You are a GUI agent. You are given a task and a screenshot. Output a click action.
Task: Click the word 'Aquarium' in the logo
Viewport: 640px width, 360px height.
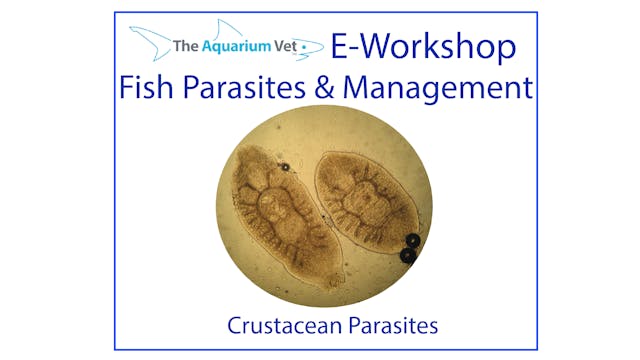[236, 45]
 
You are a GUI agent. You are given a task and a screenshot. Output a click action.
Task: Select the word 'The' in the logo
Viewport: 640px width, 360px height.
[187, 45]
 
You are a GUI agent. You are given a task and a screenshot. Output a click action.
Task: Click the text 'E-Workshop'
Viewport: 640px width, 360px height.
[426, 46]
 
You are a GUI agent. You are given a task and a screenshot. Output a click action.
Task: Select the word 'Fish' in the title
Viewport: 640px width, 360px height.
[147, 88]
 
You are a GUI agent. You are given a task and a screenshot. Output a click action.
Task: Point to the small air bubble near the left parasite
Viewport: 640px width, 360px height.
[283, 167]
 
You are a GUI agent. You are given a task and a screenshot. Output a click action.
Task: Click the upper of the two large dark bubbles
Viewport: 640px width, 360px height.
[412, 240]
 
